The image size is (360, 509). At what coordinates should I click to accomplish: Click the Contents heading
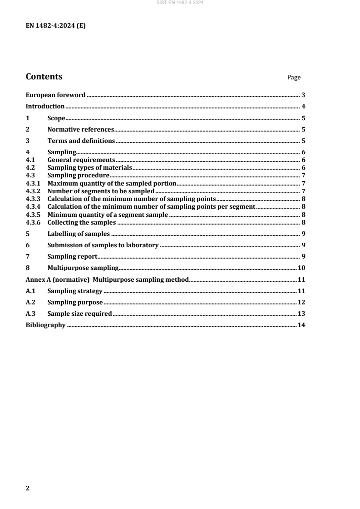click(x=44, y=77)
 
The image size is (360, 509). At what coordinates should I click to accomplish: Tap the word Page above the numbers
click(x=294, y=78)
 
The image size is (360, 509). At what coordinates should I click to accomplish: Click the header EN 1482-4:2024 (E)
click(x=55, y=26)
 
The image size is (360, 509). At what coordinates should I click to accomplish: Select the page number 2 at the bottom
click(x=28, y=488)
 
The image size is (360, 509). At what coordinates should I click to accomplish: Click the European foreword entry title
click(x=55, y=95)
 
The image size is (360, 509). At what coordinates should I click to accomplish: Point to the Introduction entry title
click(x=45, y=106)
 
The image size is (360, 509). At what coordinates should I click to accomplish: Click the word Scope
click(x=57, y=118)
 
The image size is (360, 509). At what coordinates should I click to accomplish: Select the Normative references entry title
click(x=81, y=129)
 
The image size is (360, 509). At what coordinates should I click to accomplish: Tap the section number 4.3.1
click(x=33, y=183)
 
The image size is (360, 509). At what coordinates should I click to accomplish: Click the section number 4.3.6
click(x=33, y=222)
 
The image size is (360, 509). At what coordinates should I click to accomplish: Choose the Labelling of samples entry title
click(x=79, y=234)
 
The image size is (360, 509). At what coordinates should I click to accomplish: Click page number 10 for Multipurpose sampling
click(x=301, y=268)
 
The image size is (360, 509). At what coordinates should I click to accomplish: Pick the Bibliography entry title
click(x=45, y=325)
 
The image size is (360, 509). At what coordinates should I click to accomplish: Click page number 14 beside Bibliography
click(x=301, y=325)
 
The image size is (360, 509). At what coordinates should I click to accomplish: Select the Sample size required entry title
click(x=79, y=313)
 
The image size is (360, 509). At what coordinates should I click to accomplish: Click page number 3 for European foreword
click(x=303, y=95)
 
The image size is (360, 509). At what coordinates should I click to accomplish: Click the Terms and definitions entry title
click(x=81, y=141)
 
